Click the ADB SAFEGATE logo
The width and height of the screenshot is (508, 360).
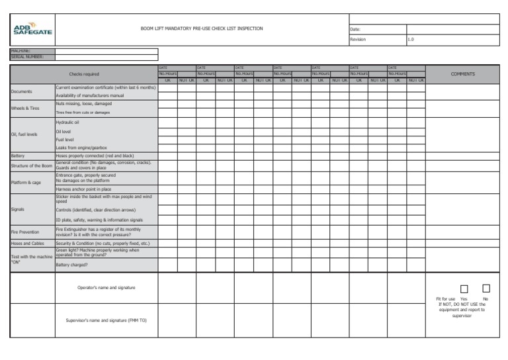tap(32, 30)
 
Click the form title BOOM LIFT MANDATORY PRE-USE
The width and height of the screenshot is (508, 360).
tap(202, 29)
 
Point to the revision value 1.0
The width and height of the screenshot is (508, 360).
tap(411, 40)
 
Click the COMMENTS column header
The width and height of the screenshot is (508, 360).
tap(462, 74)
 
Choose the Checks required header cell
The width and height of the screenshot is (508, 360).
tap(84, 74)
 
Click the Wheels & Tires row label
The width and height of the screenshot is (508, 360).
tap(25, 108)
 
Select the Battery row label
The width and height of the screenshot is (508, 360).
tap(18, 156)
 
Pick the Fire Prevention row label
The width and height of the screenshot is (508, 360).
tap(25, 232)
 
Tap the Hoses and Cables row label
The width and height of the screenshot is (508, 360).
tap(27, 244)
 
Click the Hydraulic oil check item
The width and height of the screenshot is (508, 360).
tap(67, 122)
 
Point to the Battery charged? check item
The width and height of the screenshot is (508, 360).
tap(71, 265)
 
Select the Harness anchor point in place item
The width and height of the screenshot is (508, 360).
tap(83, 189)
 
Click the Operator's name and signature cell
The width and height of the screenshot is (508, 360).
tap(106, 288)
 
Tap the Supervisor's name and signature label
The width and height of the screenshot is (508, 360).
tap(106, 320)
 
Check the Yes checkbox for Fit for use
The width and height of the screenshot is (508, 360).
tap(464, 289)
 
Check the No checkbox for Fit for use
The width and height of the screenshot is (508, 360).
tap(486, 289)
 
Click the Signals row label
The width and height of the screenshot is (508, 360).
tap(18, 209)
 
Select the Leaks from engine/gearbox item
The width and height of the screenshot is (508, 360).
tap(81, 148)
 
